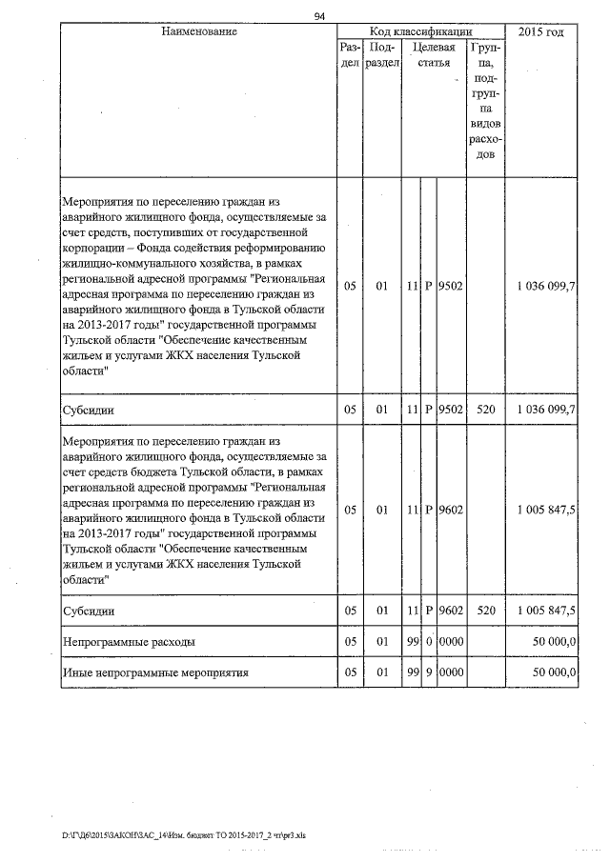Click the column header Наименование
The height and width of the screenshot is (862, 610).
click(x=198, y=32)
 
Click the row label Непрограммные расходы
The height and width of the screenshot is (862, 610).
click(x=129, y=642)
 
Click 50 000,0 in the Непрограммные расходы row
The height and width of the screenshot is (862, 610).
click(x=554, y=642)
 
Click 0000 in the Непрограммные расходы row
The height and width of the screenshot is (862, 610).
click(x=451, y=642)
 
